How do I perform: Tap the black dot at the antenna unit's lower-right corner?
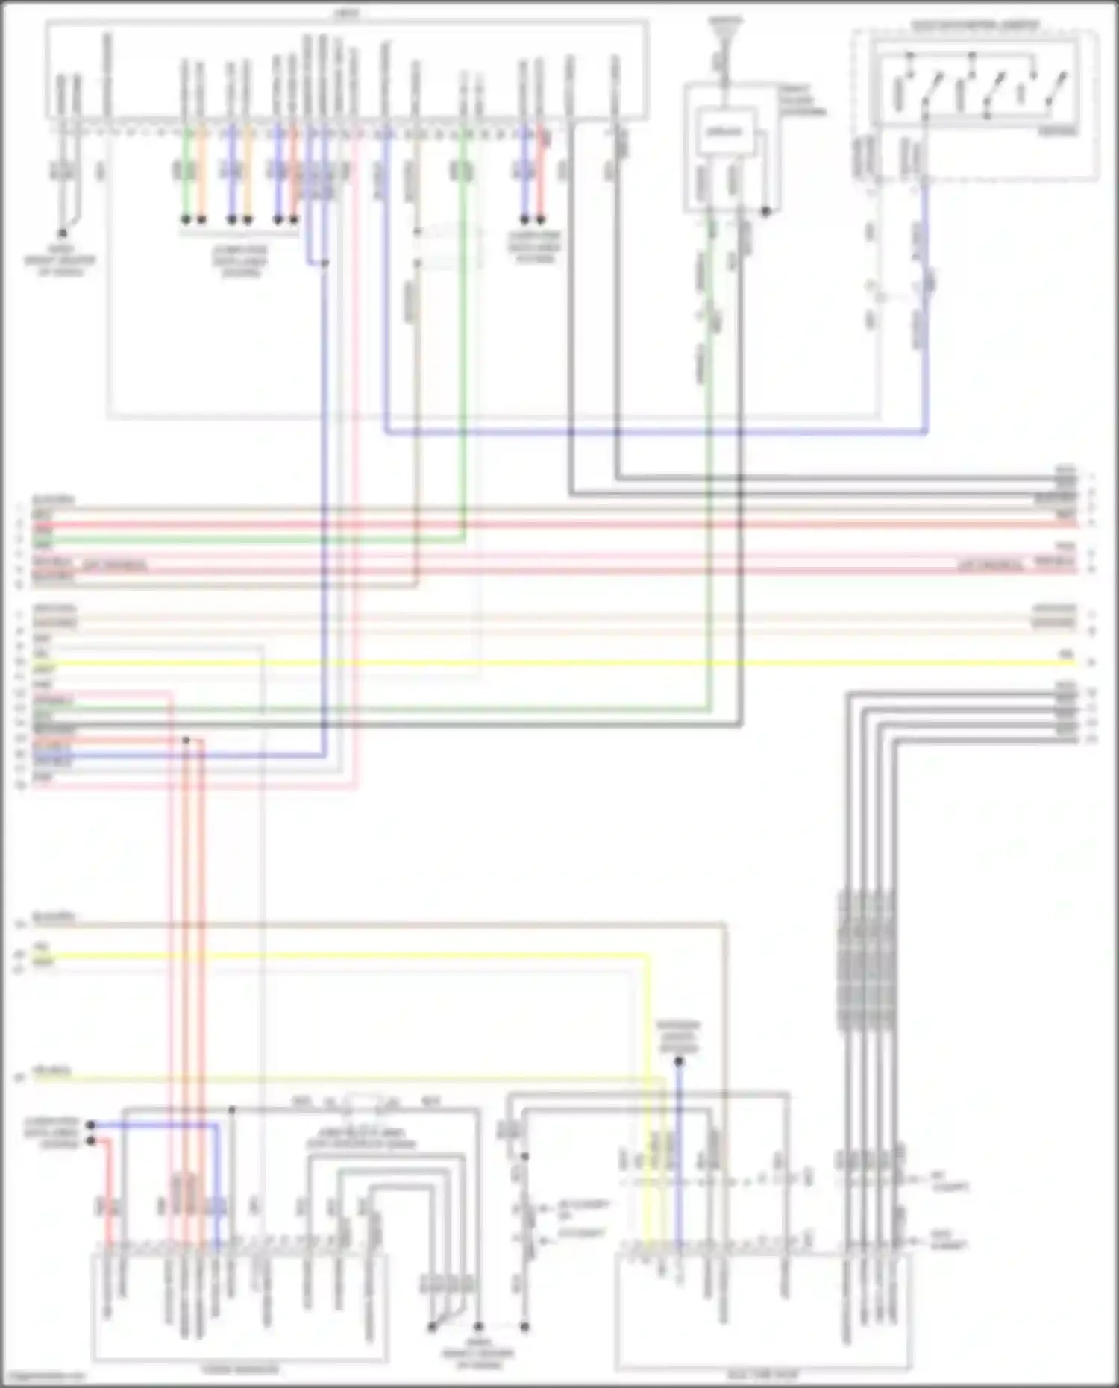pyautogui.click(x=765, y=212)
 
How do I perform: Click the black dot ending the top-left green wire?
pyautogui.click(x=186, y=220)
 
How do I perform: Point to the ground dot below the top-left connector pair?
pyautogui.click(x=63, y=233)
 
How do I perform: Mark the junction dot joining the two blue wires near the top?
pyautogui.click(x=324, y=263)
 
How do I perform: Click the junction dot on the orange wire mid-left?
pyautogui.click(x=186, y=740)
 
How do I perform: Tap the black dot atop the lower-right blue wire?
pyautogui.click(x=678, y=1061)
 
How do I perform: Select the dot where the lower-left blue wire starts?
pyautogui.click(x=90, y=1125)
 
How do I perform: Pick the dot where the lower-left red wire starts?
pyautogui.click(x=90, y=1141)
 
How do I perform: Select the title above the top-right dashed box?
pyautogui.click(x=974, y=25)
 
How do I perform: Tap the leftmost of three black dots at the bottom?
pyautogui.click(x=432, y=1327)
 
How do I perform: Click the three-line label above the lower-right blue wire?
pyautogui.click(x=678, y=1037)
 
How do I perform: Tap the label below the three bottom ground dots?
pyautogui.click(x=478, y=1354)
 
